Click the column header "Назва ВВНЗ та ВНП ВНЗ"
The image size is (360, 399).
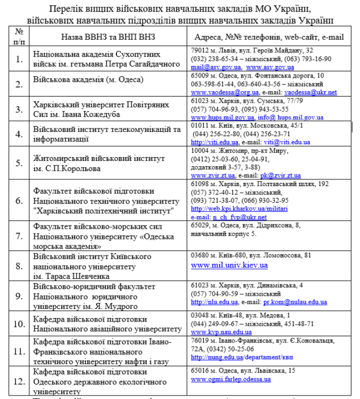click(x=106, y=36)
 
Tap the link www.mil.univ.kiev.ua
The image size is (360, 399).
click(x=229, y=265)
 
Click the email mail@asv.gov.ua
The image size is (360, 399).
click(x=208, y=68)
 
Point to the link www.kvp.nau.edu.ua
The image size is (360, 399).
click(x=221, y=332)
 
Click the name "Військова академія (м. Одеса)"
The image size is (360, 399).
click(x=88, y=80)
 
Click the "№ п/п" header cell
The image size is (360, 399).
click(x=19, y=36)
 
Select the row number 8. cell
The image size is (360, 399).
click(x=19, y=265)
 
